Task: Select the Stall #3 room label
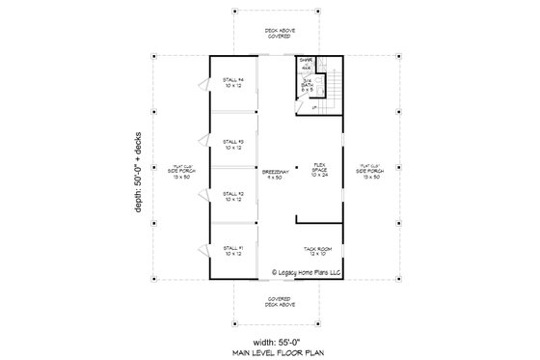(233, 144)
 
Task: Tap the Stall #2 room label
(233, 197)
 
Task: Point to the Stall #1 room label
(233, 251)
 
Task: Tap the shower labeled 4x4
(306, 66)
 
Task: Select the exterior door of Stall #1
(202, 251)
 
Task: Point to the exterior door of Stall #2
(202, 197)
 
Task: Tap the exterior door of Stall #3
(202, 144)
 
